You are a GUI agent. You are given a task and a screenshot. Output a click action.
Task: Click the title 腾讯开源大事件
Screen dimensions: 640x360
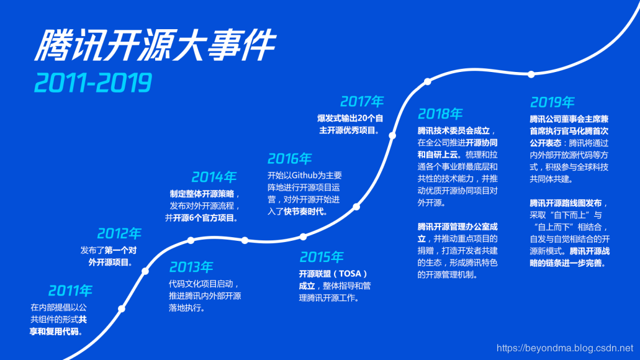click(x=155, y=47)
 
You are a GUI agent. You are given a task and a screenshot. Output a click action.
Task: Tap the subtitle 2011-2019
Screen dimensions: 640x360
click(x=93, y=83)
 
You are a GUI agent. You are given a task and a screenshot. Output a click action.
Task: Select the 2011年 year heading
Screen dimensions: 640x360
click(x=70, y=290)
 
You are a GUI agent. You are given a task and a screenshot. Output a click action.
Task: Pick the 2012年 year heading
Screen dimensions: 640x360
click(x=119, y=234)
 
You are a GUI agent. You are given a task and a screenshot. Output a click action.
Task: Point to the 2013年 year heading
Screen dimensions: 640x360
click(x=191, y=268)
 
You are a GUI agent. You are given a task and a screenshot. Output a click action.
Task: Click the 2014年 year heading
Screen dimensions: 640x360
click(x=214, y=177)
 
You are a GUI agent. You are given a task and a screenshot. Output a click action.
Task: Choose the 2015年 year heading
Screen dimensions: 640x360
click(x=321, y=257)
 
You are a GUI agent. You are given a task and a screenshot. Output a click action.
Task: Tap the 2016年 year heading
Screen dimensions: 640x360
click(x=290, y=159)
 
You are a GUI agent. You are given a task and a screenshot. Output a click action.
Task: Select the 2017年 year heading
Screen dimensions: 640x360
click(x=362, y=101)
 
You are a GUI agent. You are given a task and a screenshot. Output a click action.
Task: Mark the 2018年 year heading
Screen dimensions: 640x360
click(x=440, y=114)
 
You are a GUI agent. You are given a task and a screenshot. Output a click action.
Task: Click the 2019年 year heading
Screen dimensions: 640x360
click(x=552, y=102)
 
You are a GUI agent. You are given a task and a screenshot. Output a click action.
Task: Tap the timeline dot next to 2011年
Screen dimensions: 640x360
click(x=122, y=308)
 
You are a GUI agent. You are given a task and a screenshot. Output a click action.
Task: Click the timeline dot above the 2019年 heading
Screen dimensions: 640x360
click(x=531, y=74)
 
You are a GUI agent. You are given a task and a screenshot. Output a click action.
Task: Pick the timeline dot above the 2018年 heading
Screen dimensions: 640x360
click(x=427, y=82)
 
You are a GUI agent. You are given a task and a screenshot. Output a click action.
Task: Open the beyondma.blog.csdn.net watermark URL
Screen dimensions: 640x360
click(x=565, y=348)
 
